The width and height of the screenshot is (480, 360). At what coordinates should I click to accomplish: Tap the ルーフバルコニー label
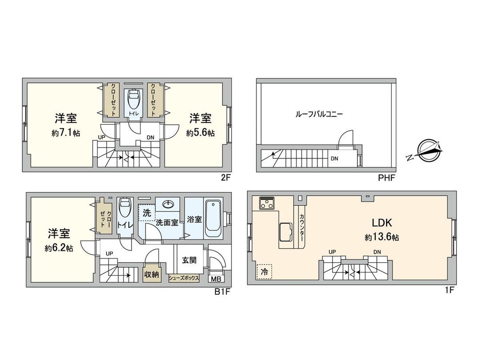pyautogui.click(x=319, y=114)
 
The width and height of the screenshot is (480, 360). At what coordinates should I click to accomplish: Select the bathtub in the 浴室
pyautogui.click(x=214, y=219)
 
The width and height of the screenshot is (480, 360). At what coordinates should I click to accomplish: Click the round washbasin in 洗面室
pyautogui.click(x=168, y=204)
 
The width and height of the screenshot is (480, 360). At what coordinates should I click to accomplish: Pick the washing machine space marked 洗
pyautogui.click(x=146, y=213)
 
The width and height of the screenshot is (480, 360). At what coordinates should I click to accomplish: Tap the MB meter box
pyautogui.click(x=216, y=279)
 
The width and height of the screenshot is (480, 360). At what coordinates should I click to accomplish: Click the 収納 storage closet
pyautogui.click(x=151, y=274)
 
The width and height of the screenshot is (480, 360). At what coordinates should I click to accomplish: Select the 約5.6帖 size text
pyautogui.click(x=200, y=133)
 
